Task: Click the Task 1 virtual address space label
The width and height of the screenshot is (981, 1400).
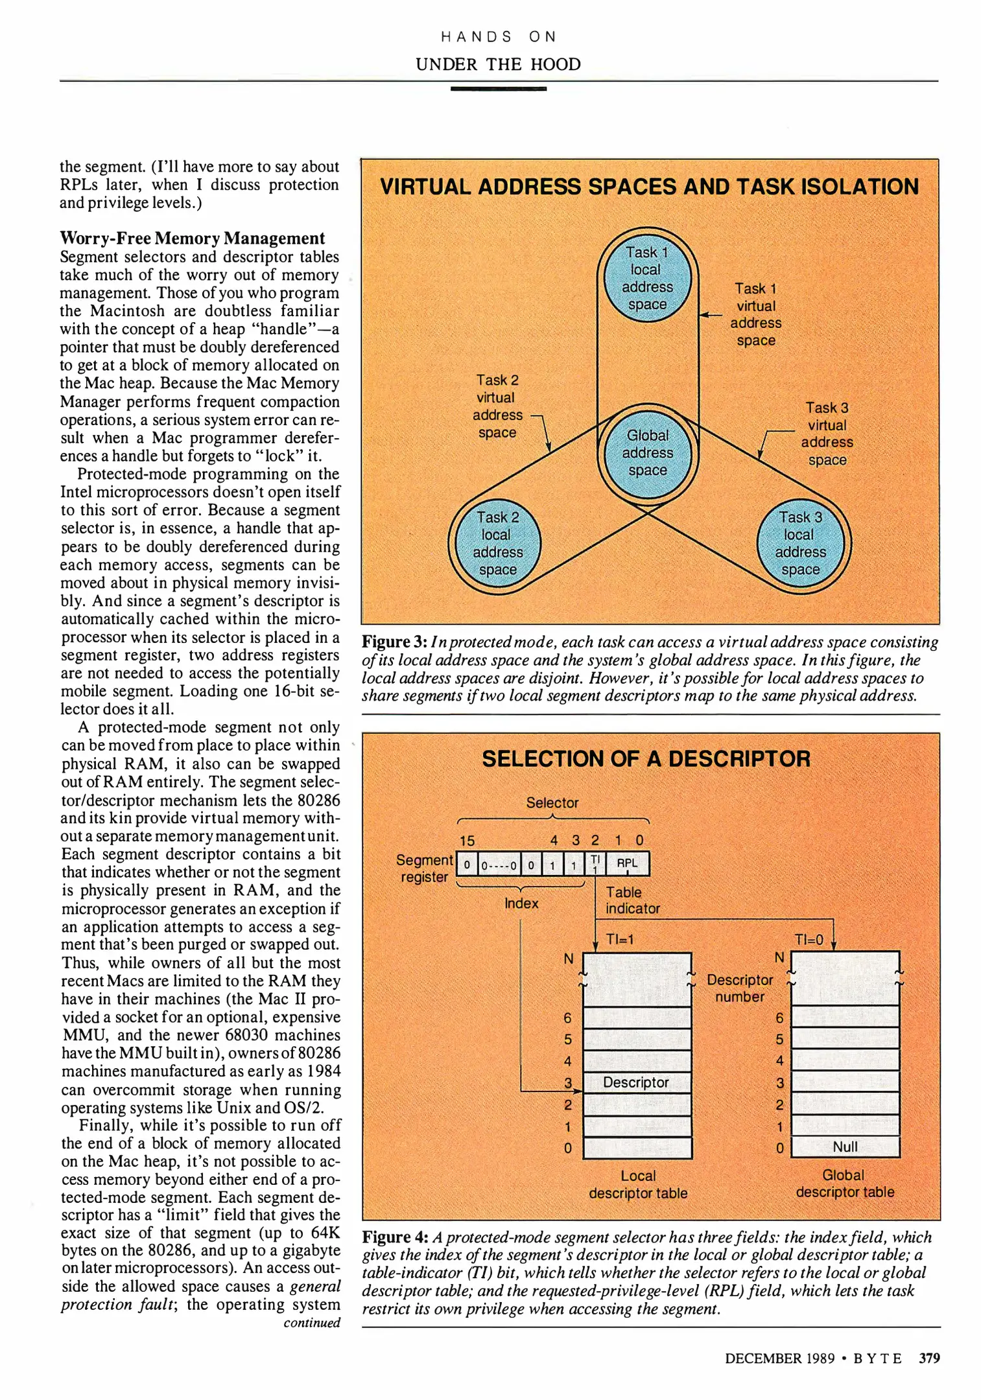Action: [755, 314]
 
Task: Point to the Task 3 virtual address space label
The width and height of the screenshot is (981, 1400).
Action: [827, 434]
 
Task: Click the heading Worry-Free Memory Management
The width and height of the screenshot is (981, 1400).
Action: [192, 239]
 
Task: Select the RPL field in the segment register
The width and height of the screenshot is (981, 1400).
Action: [627, 863]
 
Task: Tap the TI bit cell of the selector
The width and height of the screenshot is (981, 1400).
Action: [595, 863]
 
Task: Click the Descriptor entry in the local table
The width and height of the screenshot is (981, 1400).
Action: [636, 1082]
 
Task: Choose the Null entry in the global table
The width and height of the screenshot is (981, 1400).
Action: [845, 1147]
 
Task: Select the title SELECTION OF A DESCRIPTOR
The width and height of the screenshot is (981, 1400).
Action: [646, 759]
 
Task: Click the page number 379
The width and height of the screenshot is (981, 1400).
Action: [929, 1358]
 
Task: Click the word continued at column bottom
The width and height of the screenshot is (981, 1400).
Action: [311, 1323]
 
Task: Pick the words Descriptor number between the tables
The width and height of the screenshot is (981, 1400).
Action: [740, 988]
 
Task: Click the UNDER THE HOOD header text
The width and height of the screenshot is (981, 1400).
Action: [498, 64]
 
